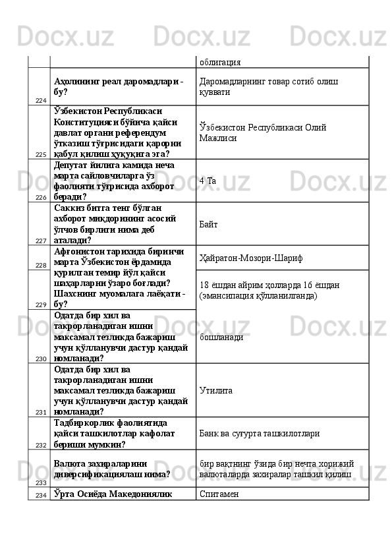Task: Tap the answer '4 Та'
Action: point(208,180)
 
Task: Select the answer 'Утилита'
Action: point(215,391)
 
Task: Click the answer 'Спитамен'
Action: point(220,493)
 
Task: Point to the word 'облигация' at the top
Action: point(219,62)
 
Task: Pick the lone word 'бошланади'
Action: point(221,337)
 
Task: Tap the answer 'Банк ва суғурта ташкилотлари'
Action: point(260,434)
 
